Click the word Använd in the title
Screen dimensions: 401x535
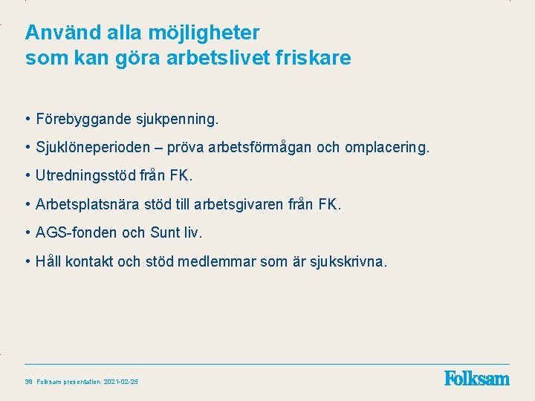click(x=58, y=33)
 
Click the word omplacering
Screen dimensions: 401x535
click(x=386, y=148)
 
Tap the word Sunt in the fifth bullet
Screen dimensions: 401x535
click(x=166, y=232)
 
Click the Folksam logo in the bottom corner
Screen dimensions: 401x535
click(x=476, y=379)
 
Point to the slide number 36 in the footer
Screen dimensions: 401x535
click(x=28, y=382)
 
